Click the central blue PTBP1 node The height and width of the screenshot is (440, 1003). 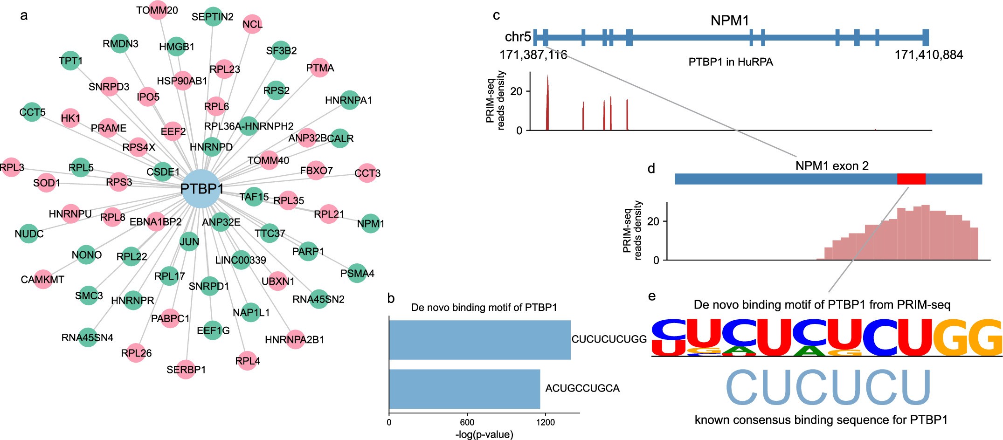click(201, 189)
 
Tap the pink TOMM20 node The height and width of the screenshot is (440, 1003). click(158, 10)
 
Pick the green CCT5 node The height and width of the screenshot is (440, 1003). click(32, 112)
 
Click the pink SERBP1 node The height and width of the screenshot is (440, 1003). click(186, 369)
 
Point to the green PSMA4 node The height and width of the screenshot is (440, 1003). click(357, 273)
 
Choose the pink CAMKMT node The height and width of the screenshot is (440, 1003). click(42, 279)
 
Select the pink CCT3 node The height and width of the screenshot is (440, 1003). click(367, 173)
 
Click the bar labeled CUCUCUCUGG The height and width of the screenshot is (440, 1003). click(479, 340)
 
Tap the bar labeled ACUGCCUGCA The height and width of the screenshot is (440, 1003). click(464, 389)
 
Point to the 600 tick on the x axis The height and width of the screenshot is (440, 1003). click(467, 422)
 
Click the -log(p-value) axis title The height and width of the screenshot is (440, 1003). click(484, 434)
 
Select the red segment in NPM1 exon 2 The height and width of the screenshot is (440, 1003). click(911, 179)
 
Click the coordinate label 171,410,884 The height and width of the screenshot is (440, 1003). click(928, 55)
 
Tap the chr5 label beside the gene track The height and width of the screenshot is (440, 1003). click(518, 37)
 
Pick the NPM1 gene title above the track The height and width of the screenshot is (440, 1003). click(729, 21)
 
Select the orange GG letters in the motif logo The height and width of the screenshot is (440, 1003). click(968, 337)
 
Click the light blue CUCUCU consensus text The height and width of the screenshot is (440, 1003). click(828, 388)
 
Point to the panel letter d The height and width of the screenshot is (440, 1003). click(651, 169)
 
